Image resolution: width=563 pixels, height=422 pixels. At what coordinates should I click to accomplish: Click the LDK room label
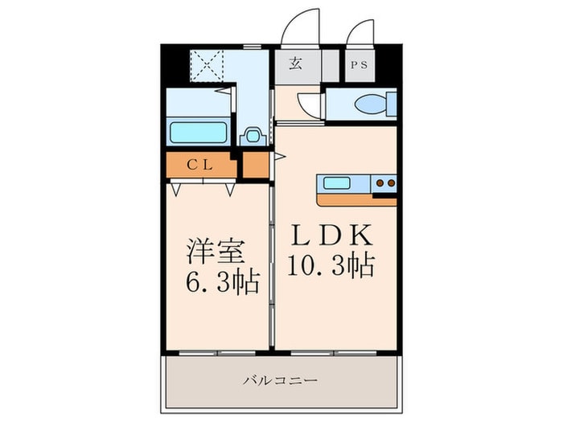(331, 235)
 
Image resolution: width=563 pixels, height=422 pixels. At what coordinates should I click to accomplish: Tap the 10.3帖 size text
(331, 265)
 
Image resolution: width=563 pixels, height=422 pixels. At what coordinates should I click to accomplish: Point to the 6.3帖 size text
(223, 282)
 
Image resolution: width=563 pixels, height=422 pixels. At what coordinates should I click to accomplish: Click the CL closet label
(200, 165)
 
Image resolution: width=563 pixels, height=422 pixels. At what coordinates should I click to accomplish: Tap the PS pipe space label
(359, 65)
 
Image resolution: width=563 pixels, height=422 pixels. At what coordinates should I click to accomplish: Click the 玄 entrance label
(295, 64)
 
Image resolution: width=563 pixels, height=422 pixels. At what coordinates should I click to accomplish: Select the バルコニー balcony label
(281, 380)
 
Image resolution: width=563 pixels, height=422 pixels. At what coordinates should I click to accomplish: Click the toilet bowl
(371, 104)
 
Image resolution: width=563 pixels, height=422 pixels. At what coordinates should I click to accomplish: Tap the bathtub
(198, 133)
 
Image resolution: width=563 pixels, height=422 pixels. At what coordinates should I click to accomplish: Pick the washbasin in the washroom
(253, 136)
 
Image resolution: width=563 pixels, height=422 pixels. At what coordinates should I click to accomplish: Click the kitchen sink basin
(336, 183)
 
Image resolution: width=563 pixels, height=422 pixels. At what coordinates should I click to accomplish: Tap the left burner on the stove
(380, 183)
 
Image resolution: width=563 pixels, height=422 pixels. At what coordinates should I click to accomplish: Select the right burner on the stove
(392, 183)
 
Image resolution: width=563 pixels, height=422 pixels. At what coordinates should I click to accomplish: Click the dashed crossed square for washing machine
(207, 65)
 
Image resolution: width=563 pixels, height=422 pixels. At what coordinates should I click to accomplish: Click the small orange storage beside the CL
(256, 165)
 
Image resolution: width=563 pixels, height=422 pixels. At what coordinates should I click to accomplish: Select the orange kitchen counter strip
(357, 200)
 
